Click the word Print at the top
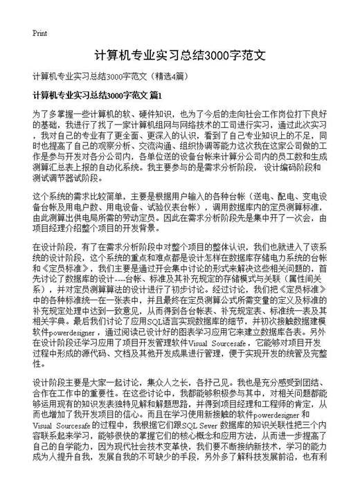(x=39, y=33)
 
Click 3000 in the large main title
(x=226, y=55)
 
